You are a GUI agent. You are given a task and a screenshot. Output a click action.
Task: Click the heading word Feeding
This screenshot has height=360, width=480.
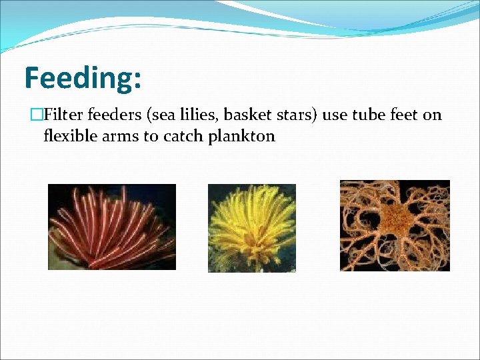click(79, 78)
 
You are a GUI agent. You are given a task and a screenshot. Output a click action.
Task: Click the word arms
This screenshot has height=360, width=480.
click(122, 136)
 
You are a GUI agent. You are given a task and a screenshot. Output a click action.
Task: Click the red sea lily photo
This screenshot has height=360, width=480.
click(111, 227)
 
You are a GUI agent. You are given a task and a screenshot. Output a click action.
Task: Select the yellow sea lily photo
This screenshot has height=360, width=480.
click(251, 227)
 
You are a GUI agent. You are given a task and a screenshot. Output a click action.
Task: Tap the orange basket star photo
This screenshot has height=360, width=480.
click(395, 225)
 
